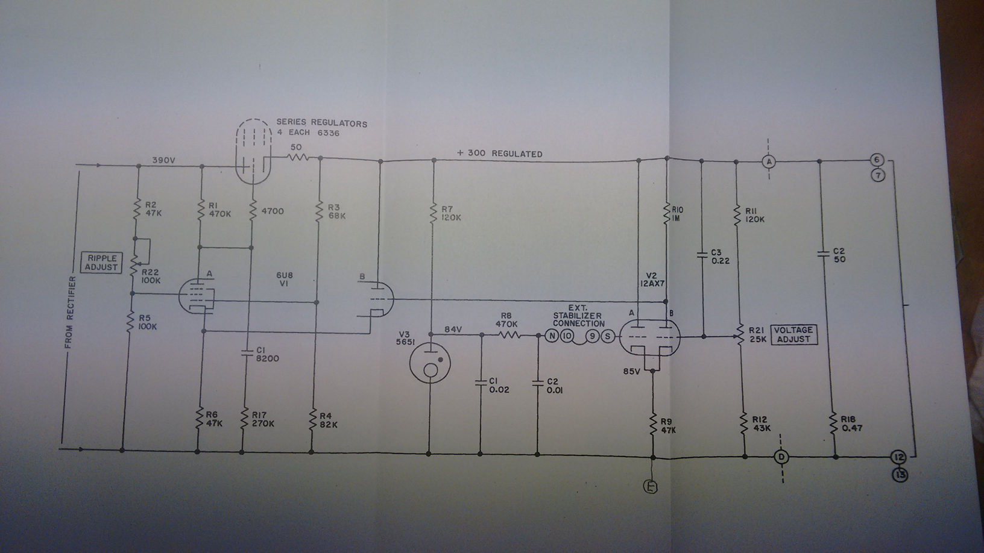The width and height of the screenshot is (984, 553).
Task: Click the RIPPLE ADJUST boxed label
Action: tap(101, 263)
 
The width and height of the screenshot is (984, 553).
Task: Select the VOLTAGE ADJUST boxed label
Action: tap(793, 334)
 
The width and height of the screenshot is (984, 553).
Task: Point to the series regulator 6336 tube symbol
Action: tap(251, 151)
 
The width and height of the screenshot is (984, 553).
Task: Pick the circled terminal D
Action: tap(781, 457)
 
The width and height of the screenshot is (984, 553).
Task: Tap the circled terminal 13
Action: tap(901, 475)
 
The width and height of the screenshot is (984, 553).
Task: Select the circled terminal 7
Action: tap(878, 175)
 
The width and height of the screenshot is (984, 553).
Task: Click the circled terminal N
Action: tap(552, 336)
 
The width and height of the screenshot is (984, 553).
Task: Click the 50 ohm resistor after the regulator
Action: tap(297, 158)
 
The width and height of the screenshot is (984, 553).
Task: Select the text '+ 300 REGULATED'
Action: tap(499, 154)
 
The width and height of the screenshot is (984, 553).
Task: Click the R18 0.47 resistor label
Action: tap(852, 424)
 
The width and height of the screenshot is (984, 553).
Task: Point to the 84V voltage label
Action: tap(453, 329)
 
